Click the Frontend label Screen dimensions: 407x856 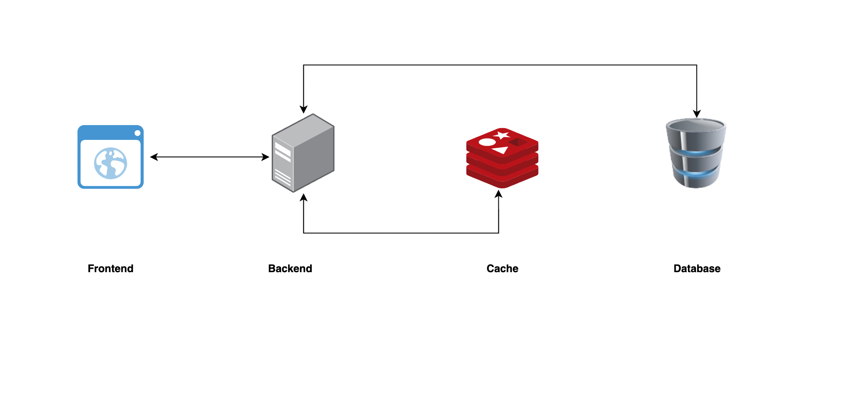pos(110,268)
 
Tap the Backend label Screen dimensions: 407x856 pos(290,268)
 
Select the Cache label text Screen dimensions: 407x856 pos(502,268)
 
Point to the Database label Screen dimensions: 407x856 pos(697,268)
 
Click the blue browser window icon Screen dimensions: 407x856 pos(110,157)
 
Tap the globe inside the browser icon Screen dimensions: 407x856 pos(110,163)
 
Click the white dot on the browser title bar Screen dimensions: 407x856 pos(137,133)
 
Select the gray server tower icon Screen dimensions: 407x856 pos(303,153)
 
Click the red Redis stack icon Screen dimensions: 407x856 pos(502,158)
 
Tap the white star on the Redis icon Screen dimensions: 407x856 pos(501,135)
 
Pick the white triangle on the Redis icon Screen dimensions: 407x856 pos(501,150)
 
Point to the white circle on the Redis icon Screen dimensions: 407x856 pos(487,142)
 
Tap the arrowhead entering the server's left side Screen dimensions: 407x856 pos(265,157)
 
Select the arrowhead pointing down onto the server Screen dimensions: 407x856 pos(303,110)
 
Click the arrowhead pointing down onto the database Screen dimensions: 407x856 pos(697,114)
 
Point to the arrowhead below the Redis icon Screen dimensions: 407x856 pos(498,194)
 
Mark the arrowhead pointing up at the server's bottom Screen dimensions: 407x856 pos(303,197)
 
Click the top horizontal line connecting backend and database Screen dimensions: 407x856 pos(500,65)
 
